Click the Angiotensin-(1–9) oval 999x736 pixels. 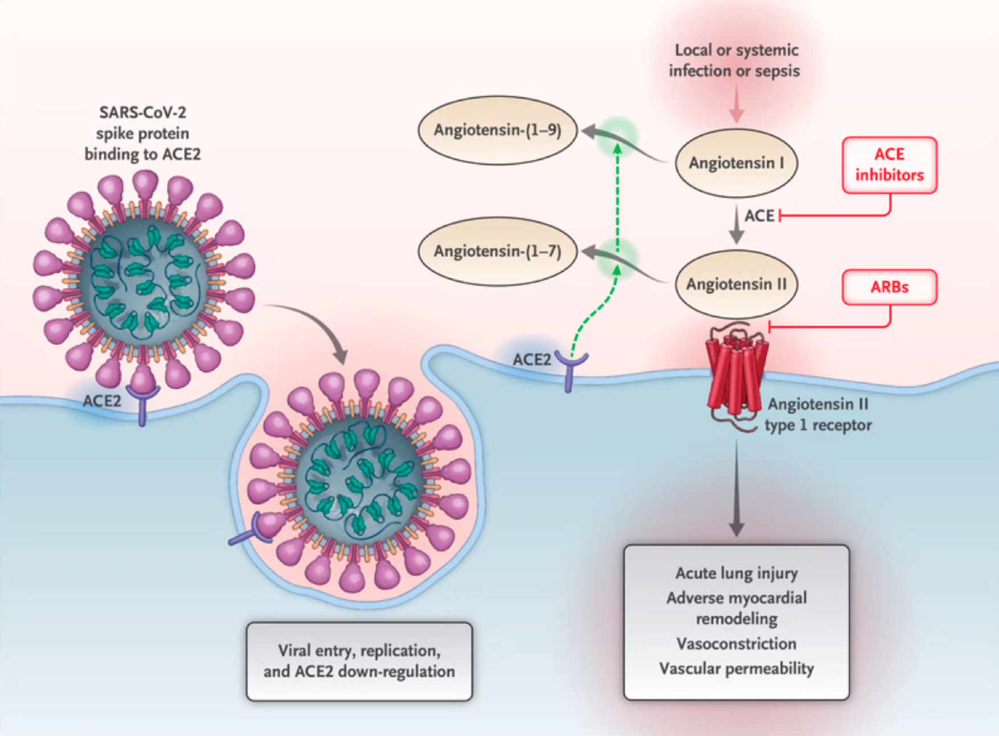pyautogui.click(x=497, y=130)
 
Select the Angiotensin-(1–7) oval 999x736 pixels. pyautogui.click(x=497, y=251)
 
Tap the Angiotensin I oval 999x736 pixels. pyautogui.click(x=736, y=163)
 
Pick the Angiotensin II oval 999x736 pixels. pyautogui.click(x=736, y=284)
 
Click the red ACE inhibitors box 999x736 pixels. pyautogui.click(x=889, y=165)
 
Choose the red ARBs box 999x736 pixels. pyautogui.click(x=889, y=287)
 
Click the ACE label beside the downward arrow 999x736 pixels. pyautogui.click(x=759, y=216)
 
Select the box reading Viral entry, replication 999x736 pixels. pyautogui.click(x=359, y=661)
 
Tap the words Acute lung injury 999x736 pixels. pyautogui.click(x=736, y=573)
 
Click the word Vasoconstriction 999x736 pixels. pyautogui.click(x=736, y=644)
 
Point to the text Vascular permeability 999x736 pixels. pyautogui.click(x=736, y=669)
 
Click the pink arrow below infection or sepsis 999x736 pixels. pyautogui.click(x=736, y=105)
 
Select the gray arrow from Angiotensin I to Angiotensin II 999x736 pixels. pyautogui.click(x=736, y=225)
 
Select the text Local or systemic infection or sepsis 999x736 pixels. pyautogui.click(x=735, y=60)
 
